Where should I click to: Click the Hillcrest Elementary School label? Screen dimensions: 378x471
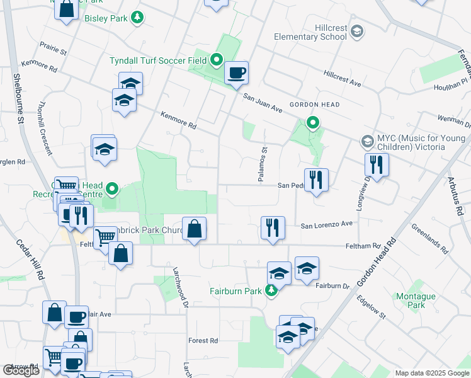[x=310, y=32]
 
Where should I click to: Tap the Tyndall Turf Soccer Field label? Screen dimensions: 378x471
[x=158, y=61]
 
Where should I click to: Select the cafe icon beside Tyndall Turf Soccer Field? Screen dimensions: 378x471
[x=236, y=72]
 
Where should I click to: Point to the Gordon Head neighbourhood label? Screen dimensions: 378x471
[x=314, y=105]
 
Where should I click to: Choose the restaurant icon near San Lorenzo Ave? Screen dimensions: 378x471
[x=273, y=227]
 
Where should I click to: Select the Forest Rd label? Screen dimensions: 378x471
[x=203, y=341]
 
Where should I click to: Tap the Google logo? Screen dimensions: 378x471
[x=21, y=370]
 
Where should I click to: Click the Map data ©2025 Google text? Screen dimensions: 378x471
[x=431, y=373]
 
